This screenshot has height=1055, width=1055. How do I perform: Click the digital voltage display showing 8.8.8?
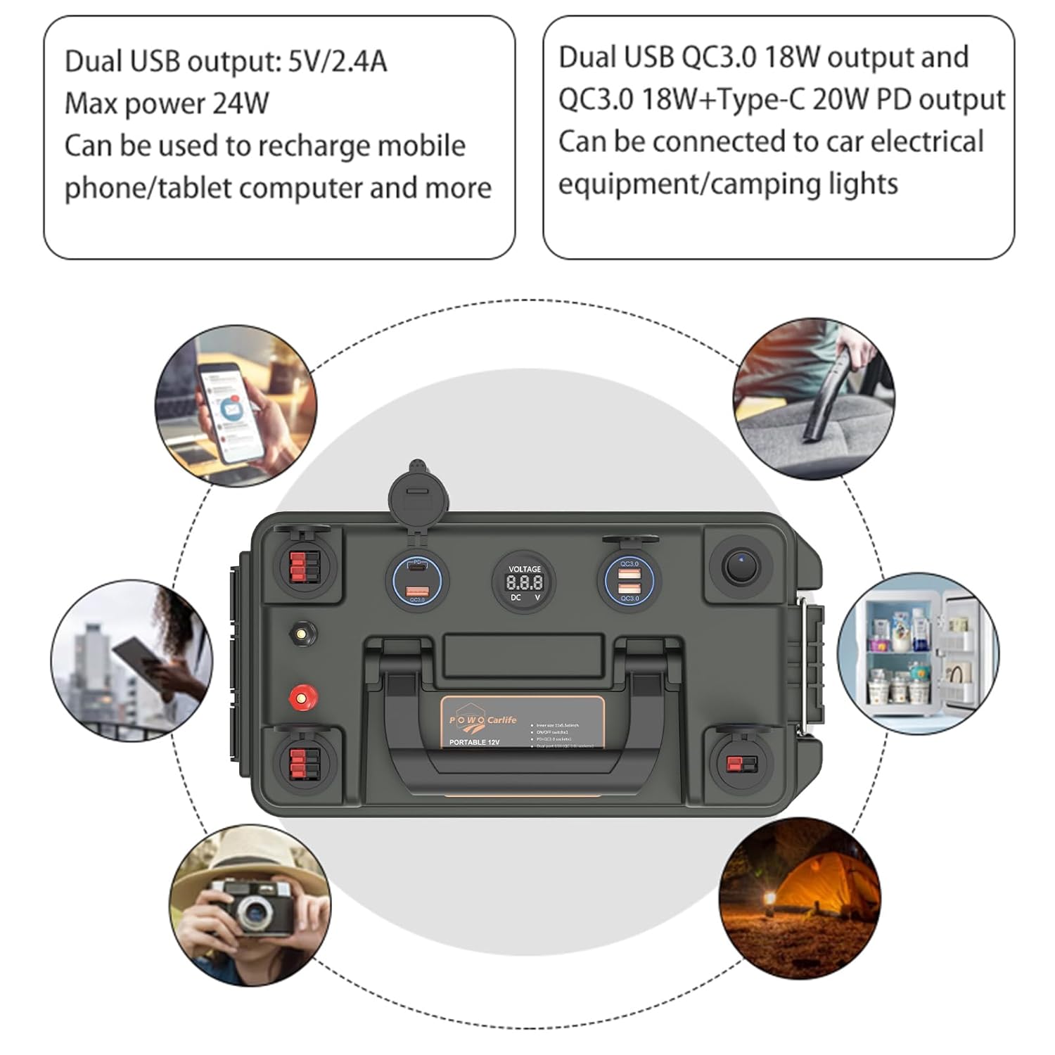click(x=524, y=582)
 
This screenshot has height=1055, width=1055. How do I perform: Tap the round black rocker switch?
click(x=739, y=567)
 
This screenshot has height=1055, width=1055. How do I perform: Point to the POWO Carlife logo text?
click(x=483, y=720)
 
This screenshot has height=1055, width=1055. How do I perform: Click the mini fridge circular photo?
click(x=917, y=653)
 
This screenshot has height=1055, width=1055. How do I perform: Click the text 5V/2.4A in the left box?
click(x=338, y=62)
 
